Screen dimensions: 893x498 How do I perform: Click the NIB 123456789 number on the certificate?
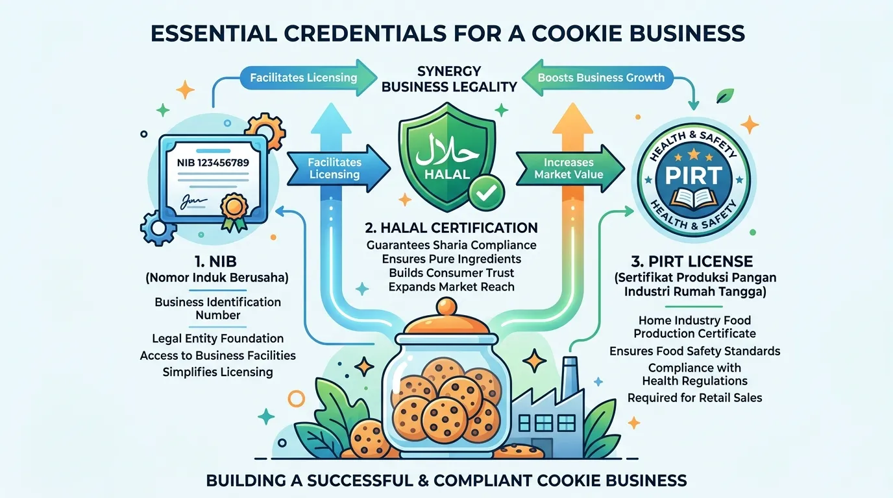(x=212, y=163)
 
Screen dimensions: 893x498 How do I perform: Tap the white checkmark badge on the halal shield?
(x=487, y=193)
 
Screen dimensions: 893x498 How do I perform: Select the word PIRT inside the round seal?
(x=694, y=175)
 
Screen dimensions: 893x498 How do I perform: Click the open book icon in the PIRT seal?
(x=694, y=198)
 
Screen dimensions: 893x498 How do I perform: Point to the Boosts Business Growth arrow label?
(x=601, y=77)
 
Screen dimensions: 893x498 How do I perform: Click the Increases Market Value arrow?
(x=570, y=169)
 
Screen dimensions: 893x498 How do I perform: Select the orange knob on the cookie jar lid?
(x=446, y=307)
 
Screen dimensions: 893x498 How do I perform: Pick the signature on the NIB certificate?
(x=193, y=201)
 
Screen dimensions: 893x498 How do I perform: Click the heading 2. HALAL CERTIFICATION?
(x=451, y=228)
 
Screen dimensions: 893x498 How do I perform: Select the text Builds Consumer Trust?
(x=451, y=273)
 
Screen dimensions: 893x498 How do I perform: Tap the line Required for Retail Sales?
(x=694, y=397)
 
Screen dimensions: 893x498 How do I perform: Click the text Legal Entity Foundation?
(x=217, y=338)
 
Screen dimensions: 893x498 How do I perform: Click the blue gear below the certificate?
(x=158, y=228)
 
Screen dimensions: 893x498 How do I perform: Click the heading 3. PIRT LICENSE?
(x=692, y=261)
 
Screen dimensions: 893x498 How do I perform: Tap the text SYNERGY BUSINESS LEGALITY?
(x=449, y=79)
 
